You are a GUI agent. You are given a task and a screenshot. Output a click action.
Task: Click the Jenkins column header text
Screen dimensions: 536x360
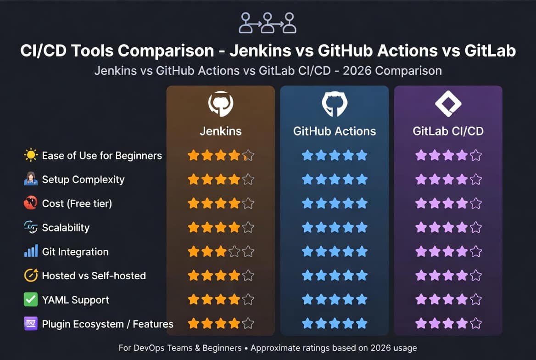220,131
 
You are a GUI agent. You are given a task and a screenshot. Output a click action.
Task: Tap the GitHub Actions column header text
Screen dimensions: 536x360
335,131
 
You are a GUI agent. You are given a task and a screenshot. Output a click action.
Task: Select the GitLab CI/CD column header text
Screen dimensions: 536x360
448,131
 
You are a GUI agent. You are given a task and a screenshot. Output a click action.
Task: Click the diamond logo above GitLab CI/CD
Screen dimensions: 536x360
448,104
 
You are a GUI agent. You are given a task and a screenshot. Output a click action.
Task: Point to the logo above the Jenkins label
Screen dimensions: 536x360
221,104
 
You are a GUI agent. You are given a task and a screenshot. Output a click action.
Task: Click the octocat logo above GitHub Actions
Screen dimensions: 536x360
335,104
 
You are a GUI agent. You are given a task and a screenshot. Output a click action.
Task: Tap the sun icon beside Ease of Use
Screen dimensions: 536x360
31,155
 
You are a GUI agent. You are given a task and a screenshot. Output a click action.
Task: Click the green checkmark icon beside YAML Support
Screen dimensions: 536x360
31,299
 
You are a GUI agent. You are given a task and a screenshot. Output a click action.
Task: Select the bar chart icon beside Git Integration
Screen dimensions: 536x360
31,251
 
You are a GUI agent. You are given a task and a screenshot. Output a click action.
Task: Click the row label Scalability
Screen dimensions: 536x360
66,228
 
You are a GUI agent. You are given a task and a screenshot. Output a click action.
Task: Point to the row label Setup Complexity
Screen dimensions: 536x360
83,180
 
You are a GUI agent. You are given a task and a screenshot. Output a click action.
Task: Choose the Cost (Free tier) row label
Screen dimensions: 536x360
77,203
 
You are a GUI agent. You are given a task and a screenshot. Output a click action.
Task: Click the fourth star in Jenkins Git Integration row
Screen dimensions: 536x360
234,252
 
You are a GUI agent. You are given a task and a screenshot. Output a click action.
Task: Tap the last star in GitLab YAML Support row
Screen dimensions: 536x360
476,299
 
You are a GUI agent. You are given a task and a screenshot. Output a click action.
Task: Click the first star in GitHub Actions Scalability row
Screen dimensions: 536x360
307,227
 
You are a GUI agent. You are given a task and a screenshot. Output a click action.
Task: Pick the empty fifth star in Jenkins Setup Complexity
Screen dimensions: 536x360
248,180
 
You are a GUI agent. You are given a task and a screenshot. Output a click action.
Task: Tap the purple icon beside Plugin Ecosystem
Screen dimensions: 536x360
31,323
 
